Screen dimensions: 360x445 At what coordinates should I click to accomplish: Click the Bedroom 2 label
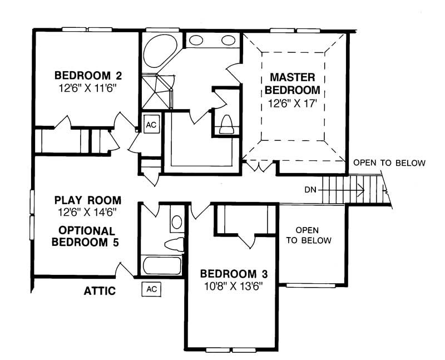(x=87, y=76)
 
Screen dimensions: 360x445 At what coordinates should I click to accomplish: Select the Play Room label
(x=87, y=200)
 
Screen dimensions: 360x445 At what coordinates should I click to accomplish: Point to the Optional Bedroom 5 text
(x=87, y=236)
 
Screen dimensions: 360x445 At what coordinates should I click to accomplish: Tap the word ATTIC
(x=100, y=290)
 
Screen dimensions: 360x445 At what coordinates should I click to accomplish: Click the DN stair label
(x=312, y=189)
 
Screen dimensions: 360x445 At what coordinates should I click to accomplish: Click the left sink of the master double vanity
(x=196, y=40)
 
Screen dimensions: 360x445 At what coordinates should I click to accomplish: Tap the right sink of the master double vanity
(x=229, y=40)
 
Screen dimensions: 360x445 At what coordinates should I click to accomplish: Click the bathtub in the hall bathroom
(x=162, y=265)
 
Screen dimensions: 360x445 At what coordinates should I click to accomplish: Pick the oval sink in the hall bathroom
(x=176, y=222)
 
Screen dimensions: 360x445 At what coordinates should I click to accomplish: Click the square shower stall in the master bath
(x=156, y=91)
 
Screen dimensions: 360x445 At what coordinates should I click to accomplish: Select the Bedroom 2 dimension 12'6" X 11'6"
(x=88, y=87)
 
